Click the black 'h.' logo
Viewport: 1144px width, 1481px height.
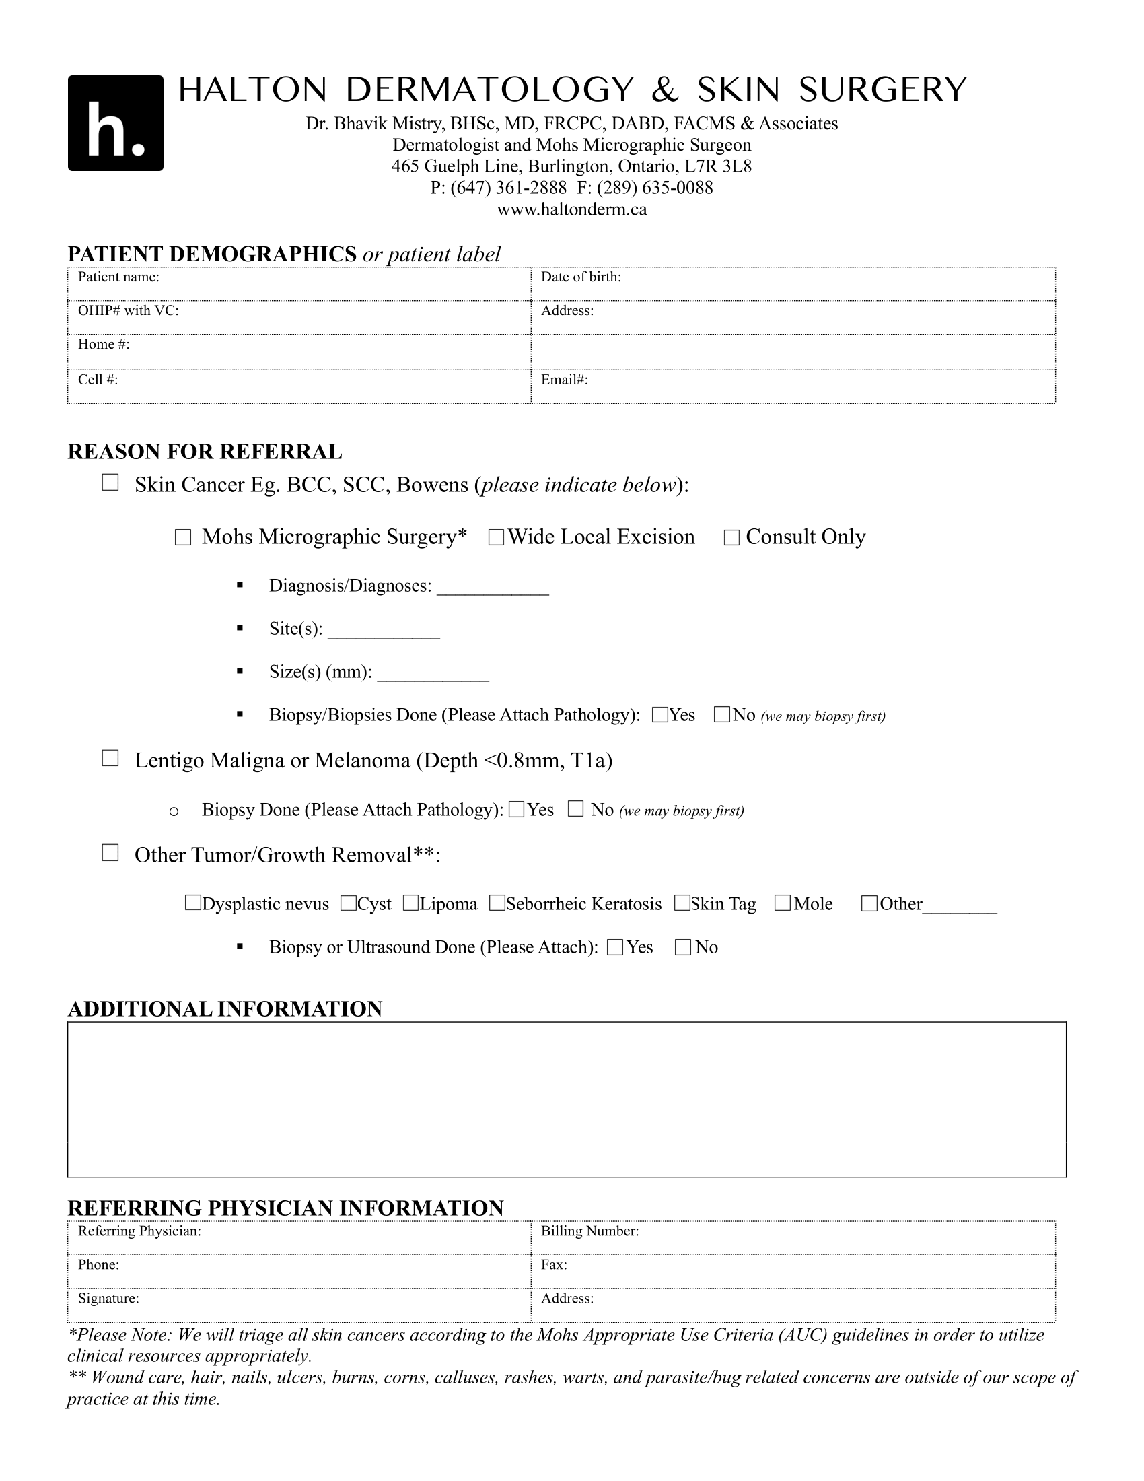click(115, 123)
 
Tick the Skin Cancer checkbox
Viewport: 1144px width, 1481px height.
click(110, 483)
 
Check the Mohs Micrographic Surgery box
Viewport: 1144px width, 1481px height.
click(183, 538)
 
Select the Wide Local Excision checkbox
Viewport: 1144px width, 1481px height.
click(496, 538)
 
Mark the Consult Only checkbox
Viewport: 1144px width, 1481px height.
click(731, 538)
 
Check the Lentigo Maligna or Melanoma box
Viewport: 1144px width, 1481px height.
click(110, 758)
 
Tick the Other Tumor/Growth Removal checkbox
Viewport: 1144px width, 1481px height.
click(110, 852)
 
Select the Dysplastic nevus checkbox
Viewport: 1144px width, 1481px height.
click(192, 903)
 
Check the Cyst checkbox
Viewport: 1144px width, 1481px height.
click(349, 903)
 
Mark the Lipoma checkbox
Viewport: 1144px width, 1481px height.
click(410, 903)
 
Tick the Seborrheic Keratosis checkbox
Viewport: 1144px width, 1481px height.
click(497, 903)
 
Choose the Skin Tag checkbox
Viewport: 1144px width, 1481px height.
click(682, 903)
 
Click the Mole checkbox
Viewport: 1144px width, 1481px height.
click(783, 903)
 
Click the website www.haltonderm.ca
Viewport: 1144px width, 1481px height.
click(572, 209)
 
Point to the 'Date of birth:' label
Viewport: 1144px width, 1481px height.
click(581, 277)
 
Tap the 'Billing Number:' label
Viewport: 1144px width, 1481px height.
click(589, 1231)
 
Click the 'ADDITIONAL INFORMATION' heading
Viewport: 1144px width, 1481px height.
click(225, 1009)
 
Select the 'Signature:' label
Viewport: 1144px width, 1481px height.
click(108, 1298)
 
